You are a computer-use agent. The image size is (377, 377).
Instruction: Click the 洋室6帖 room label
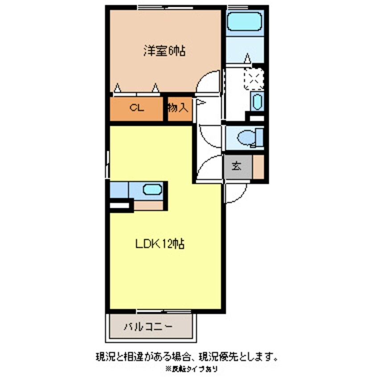(x=164, y=50)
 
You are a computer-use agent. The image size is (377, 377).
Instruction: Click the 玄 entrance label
(x=236, y=167)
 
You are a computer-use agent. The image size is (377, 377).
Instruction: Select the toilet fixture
(x=247, y=137)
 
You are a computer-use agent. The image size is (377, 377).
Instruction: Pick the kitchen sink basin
(x=152, y=189)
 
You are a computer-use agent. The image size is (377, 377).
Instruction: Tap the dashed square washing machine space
(x=254, y=79)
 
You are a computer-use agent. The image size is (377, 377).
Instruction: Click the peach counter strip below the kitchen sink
(x=149, y=205)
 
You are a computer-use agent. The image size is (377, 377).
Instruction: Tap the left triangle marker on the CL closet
(x=117, y=88)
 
